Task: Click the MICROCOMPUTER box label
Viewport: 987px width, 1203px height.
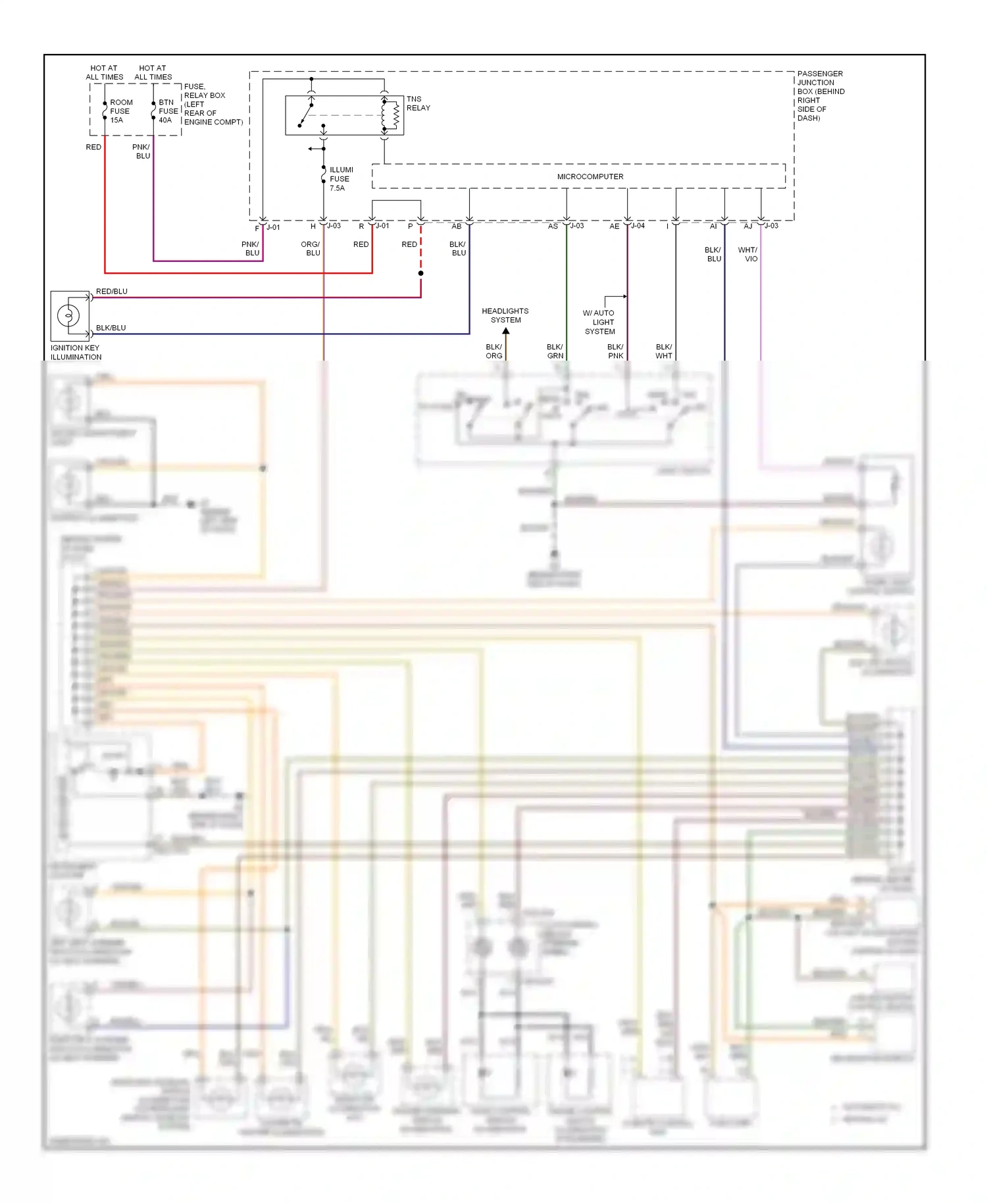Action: click(590, 176)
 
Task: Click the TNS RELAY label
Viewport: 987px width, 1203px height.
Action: click(418, 103)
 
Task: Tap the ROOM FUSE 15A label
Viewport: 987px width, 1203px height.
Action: click(120, 111)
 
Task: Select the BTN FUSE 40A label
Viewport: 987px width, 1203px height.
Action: click(168, 111)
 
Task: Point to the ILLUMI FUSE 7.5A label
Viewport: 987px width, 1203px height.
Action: click(341, 179)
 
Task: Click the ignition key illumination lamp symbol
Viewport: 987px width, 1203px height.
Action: click(68, 316)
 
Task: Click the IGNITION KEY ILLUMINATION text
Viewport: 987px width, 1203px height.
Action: click(76, 353)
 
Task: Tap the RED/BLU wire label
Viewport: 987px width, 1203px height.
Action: click(112, 292)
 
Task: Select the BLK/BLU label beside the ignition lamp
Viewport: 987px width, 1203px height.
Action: click(111, 328)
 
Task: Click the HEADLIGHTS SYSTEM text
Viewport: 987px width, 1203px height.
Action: click(505, 315)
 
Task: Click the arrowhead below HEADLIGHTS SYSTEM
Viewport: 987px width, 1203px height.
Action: click(506, 331)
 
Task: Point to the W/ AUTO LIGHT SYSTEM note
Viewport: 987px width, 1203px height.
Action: click(599, 322)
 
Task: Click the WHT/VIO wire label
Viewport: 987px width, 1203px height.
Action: click(748, 254)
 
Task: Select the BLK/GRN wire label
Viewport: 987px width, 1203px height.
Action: click(555, 351)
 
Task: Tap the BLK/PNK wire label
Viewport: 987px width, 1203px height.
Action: click(615, 351)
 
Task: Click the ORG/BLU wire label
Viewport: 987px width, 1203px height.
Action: click(311, 248)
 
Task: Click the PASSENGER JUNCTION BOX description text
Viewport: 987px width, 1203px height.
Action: click(820, 95)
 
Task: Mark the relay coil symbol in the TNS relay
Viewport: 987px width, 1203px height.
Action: click(395, 115)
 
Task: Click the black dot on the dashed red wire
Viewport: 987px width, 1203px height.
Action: click(420, 273)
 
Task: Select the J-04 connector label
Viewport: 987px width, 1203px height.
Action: click(638, 226)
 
